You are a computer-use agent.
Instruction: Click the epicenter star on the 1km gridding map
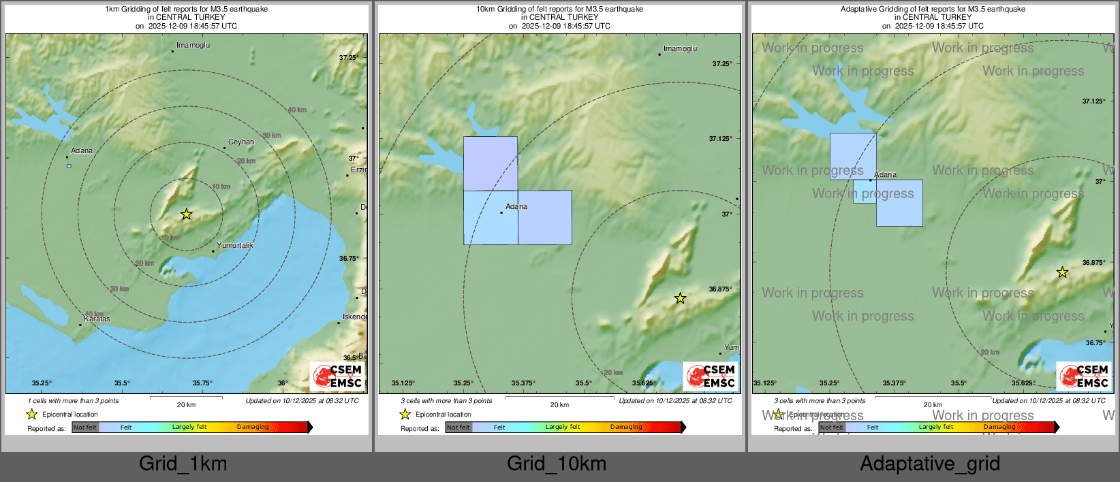pyautogui.click(x=186, y=214)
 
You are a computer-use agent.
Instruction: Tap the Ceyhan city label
pyautogui.click(x=241, y=142)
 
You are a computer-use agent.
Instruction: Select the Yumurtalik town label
pyautogui.click(x=235, y=245)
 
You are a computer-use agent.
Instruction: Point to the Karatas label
pyautogui.click(x=97, y=319)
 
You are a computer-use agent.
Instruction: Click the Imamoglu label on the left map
pyautogui.click(x=193, y=46)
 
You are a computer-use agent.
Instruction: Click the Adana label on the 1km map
pyautogui.click(x=82, y=151)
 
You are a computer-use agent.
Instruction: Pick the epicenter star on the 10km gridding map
pyautogui.click(x=680, y=298)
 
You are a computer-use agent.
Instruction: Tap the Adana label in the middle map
pyautogui.click(x=516, y=206)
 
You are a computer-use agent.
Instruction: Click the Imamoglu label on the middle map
pyautogui.click(x=680, y=49)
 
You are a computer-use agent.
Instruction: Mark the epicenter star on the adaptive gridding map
pyautogui.click(x=1062, y=272)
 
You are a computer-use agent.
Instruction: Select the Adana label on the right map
pyautogui.click(x=885, y=175)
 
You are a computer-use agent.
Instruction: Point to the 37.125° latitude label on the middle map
pyautogui.click(x=721, y=139)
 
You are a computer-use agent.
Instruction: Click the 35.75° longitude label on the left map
pyautogui.click(x=202, y=383)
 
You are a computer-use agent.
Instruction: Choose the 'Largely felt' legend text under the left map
pyautogui.click(x=189, y=428)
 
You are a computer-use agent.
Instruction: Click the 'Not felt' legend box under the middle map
pyautogui.click(x=458, y=428)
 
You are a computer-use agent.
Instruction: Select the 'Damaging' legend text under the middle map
pyautogui.click(x=626, y=428)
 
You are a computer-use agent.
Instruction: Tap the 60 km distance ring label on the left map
pyautogui.click(x=297, y=110)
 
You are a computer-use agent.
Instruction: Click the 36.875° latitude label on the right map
pyautogui.click(x=1093, y=263)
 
